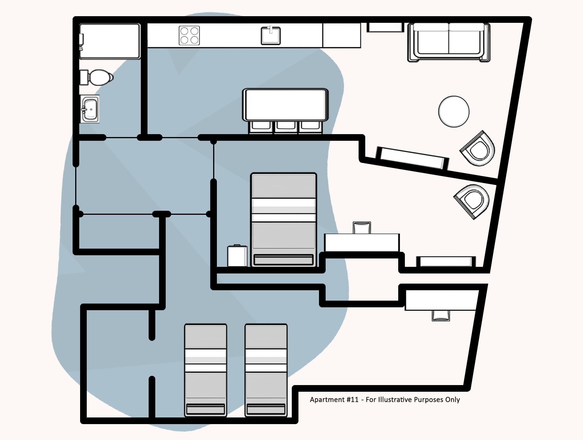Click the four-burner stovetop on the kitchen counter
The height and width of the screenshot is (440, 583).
coord(189,36)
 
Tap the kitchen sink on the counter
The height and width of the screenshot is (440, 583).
coord(271,36)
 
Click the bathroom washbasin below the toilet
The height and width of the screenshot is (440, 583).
coord(90,109)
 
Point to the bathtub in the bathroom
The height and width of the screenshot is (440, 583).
coord(110,41)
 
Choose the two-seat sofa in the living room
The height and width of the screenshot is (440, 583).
coord(449,42)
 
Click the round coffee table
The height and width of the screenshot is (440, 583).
coord(453,112)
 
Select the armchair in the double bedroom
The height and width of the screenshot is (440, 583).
coord(472,201)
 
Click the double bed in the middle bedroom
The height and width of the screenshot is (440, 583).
coord(283,220)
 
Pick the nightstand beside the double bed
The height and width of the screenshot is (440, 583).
coord(237,256)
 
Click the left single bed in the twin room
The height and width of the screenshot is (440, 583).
coord(206,370)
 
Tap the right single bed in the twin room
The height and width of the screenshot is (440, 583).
coord(266,370)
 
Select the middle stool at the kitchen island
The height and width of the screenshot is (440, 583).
coord(286,127)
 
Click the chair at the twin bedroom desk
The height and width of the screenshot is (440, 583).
coord(441,316)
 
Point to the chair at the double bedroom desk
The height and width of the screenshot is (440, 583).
coord(362,228)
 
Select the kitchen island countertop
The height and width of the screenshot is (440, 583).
coord(285,105)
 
